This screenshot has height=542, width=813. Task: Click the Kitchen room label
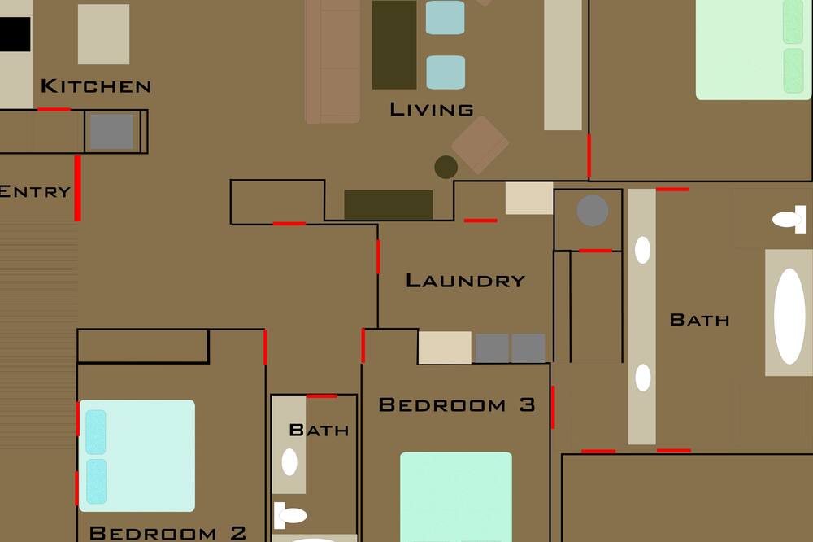[x=96, y=85]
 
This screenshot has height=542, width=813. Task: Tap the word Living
[x=432, y=110]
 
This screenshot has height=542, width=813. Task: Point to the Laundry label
[x=465, y=281]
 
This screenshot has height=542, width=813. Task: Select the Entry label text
[x=35, y=191]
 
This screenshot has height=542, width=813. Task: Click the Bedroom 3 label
[x=457, y=404]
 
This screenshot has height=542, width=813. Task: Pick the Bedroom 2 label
[x=167, y=533]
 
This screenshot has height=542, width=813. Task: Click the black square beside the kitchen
[x=15, y=34]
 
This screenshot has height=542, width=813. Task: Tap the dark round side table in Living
[x=446, y=167]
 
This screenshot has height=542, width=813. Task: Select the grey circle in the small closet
[x=593, y=211]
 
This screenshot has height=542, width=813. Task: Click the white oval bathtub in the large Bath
[x=789, y=316]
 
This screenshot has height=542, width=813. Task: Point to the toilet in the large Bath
[x=789, y=219]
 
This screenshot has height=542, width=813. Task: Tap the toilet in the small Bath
[x=290, y=515]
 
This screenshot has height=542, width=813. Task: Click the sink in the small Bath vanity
[x=289, y=462]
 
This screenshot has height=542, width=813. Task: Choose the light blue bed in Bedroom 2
[x=137, y=456]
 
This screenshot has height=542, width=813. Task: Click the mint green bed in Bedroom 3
[x=456, y=496]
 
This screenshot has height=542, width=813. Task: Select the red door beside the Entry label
[x=78, y=189]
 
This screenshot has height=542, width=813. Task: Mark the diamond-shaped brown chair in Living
[x=480, y=145]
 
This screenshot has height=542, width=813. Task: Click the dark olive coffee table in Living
[x=394, y=45]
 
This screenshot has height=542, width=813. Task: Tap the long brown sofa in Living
[x=333, y=61]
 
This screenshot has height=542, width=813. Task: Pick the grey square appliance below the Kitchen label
[x=111, y=131]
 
